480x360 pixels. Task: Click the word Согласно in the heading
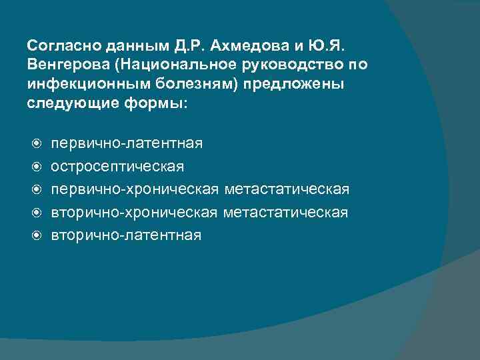59,45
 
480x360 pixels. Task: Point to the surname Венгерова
63,65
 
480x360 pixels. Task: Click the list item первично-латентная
127,143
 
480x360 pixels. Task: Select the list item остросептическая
118,166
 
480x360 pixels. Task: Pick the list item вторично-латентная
125,235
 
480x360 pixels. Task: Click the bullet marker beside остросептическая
38,167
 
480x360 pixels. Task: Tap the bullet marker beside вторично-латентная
38,236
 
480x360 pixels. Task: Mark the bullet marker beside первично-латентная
38,144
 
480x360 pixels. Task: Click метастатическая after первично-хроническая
287,189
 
